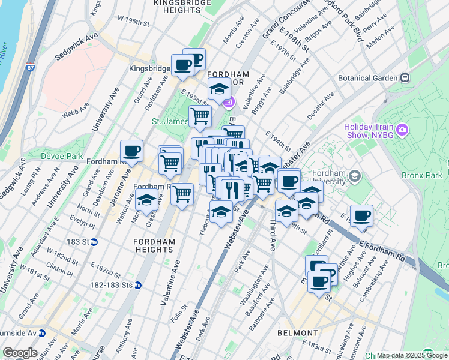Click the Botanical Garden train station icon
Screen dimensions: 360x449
pos(405,78)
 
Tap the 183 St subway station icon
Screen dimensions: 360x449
pos(103,242)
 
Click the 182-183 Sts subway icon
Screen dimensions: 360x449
pos(139,285)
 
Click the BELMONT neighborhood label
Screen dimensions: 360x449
pos(298,333)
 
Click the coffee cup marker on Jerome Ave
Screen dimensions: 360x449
pos(131,151)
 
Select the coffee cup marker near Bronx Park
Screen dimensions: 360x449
pos(361,216)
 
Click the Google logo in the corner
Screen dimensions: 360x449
pos(20,353)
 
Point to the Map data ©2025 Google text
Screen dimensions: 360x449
pos(412,355)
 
